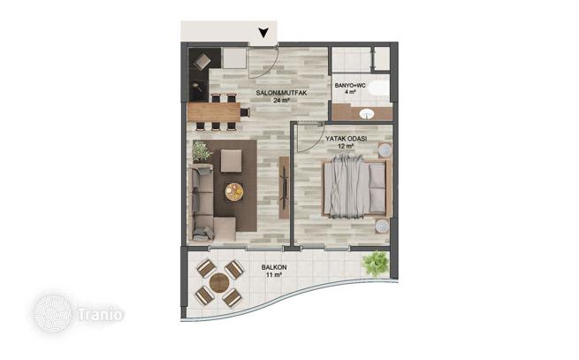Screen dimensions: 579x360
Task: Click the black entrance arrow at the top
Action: [x=263, y=33]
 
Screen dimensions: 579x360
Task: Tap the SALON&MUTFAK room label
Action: [x=281, y=93]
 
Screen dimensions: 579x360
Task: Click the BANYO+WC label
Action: [x=350, y=86]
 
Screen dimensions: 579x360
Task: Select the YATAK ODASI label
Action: [x=346, y=139]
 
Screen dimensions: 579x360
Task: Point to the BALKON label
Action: [x=274, y=267]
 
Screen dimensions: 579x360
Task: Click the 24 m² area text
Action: [x=281, y=100]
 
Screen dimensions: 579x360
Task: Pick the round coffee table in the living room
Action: [x=234, y=192]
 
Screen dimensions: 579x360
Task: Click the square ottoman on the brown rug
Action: [x=232, y=161]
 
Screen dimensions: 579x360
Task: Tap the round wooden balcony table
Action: [x=219, y=283]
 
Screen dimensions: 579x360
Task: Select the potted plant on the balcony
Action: [x=376, y=264]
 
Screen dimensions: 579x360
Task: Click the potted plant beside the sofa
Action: [x=202, y=151]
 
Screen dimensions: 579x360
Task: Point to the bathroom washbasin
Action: [x=367, y=113]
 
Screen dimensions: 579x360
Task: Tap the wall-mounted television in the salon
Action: [x=284, y=188]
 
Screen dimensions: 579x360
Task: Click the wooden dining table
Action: [x=214, y=112]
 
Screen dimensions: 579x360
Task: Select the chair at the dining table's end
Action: [x=245, y=112]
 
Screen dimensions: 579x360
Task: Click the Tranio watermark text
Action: [x=100, y=315]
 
